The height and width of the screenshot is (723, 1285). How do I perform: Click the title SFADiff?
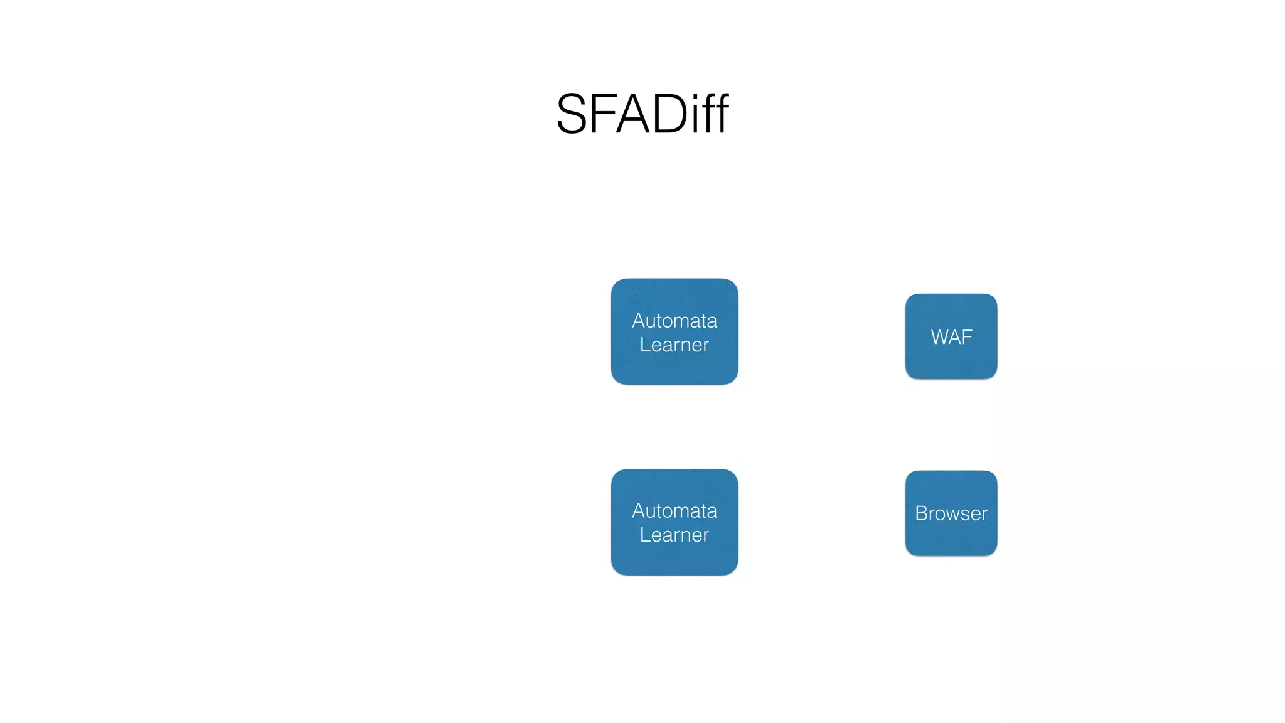coord(642,114)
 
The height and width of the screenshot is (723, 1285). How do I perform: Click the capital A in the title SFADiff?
coord(632,114)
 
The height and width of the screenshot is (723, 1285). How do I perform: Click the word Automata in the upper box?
coord(674,321)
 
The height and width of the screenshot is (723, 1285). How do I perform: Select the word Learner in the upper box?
coord(674,345)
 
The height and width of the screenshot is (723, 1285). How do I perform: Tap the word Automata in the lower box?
coord(674,511)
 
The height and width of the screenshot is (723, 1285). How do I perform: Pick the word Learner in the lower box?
coord(674,535)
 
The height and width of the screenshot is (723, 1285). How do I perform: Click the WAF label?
coord(951,337)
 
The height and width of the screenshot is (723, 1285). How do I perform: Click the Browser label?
coord(951,513)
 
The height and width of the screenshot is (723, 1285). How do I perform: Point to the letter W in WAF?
coord(941,337)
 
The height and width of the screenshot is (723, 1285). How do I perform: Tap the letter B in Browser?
coord(921,513)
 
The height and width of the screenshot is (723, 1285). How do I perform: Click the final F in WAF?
coord(967,337)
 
